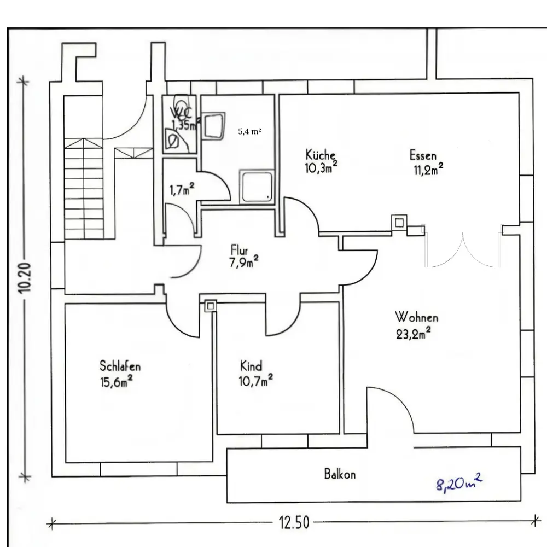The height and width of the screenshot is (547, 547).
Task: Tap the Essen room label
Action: (x=423, y=155)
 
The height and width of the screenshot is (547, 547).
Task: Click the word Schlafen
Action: (x=116, y=366)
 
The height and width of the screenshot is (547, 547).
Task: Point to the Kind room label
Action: (x=251, y=365)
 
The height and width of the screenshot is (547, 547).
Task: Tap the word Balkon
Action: (x=340, y=474)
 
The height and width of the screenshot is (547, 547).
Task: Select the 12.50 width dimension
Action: (x=294, y=523)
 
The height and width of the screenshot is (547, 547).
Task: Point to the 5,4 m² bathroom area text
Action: (x=249, y=132)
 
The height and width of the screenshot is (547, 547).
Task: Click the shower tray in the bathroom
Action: (x=257, y=186)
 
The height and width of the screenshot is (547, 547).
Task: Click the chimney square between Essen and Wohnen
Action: (x=399, y=222)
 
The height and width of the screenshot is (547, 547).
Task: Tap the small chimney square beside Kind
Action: (x=210, y=306)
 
